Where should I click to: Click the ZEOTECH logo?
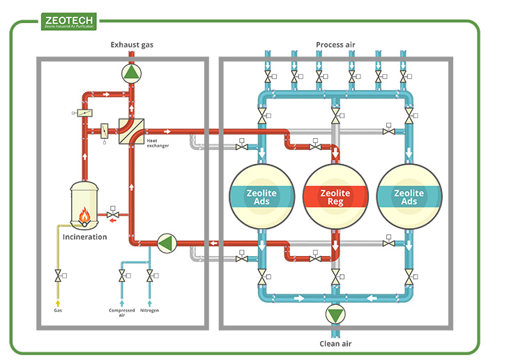pos(69,22)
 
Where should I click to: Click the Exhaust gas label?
pos(132,45)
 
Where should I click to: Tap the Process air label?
pos(335,45)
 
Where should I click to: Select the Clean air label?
pos(335,343)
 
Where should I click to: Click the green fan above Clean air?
pos(335,315)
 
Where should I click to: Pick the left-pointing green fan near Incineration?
pos(167,242)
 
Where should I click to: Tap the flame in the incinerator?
pos(84,217)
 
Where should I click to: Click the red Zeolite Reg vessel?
pos(335,197)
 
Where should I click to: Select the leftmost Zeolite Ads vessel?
pos(262,197)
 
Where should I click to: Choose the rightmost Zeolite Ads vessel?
pos(409,197)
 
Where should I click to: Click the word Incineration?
pos(85,237)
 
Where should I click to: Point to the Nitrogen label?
pos(149,310)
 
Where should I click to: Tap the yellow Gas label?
pos(58,310)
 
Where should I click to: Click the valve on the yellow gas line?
pos(57,278)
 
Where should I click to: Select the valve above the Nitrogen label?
pos(149,278)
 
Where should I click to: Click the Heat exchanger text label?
pos(157,143)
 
